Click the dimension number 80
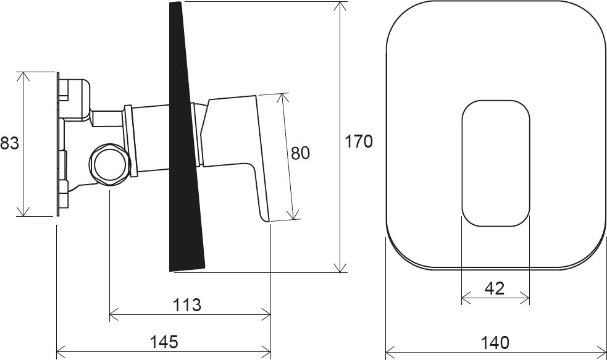[300, 153]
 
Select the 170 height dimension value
[359, 141]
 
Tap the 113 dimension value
[187, 304]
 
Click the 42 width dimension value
[495, 288]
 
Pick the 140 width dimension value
[495, 341]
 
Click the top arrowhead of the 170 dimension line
[340, 6]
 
